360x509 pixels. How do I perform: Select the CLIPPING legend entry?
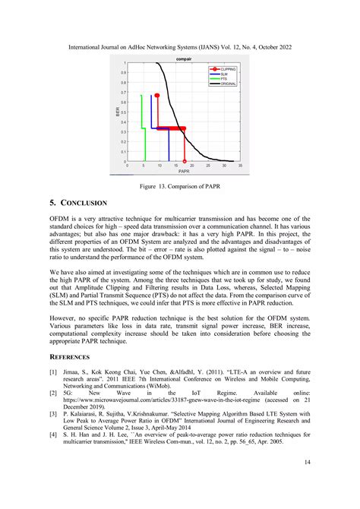tap(228, 69)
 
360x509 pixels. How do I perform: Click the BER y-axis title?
tap(118, 112)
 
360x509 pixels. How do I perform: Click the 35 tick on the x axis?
tap(240, 166)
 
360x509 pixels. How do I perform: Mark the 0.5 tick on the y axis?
tap(123, 112)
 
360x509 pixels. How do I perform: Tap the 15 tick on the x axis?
tap(175, 166)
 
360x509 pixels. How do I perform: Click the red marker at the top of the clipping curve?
tap(156, 96)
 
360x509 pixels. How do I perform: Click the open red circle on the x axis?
tap(185, 161)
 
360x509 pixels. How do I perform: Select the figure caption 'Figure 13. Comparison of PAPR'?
tap(179, 185)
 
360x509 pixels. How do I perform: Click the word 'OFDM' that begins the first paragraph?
tap(60, 218)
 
